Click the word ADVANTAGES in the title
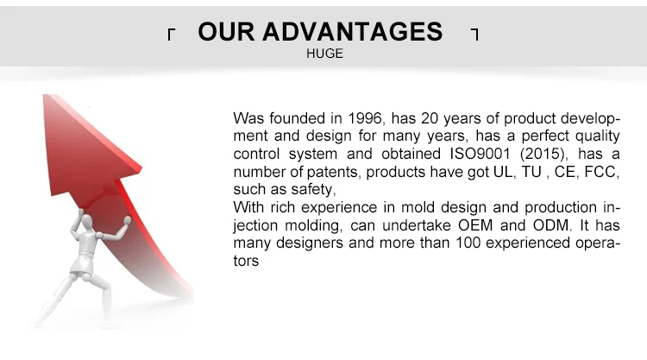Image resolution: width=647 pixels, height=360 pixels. point(352,32)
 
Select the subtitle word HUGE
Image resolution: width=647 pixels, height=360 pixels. point(324,54)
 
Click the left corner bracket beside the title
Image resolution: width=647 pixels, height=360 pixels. point(172,35)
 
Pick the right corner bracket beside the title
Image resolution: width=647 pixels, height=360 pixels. point(475,35)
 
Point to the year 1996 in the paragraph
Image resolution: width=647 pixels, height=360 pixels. point(365,118)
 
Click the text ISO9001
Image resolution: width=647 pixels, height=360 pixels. point(480,154)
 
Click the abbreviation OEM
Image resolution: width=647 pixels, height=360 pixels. point(475,225)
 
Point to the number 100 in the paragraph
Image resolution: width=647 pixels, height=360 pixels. point(468,243)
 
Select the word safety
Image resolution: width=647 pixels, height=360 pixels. point(313,189)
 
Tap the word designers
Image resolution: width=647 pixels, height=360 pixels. point(310,243)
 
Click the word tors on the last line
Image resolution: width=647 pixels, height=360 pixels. point(246,261)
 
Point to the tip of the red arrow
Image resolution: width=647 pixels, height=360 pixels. point(45,95)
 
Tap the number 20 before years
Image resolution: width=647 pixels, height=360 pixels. point(430,118)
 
